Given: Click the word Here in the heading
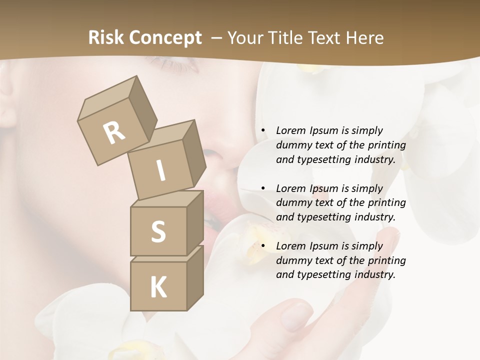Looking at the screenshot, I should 364,38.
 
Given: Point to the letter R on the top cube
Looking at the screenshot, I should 114,132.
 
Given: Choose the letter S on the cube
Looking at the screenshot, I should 158,232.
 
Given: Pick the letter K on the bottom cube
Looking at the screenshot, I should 158,287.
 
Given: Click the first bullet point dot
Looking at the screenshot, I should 262,130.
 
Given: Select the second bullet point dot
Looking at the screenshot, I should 262,188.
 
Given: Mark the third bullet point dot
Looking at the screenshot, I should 262,246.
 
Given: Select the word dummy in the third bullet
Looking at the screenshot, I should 291,260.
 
